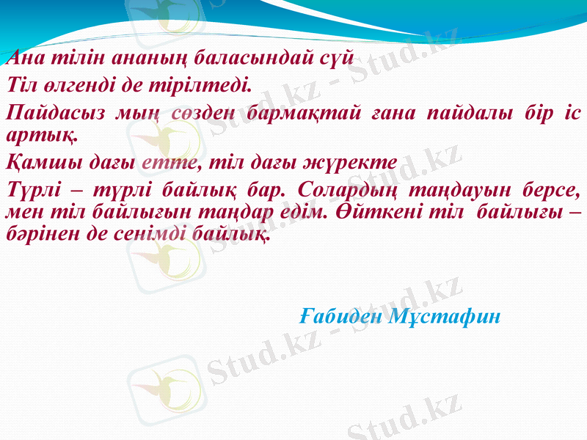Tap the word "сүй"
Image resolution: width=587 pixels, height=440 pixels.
pos(340,56)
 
